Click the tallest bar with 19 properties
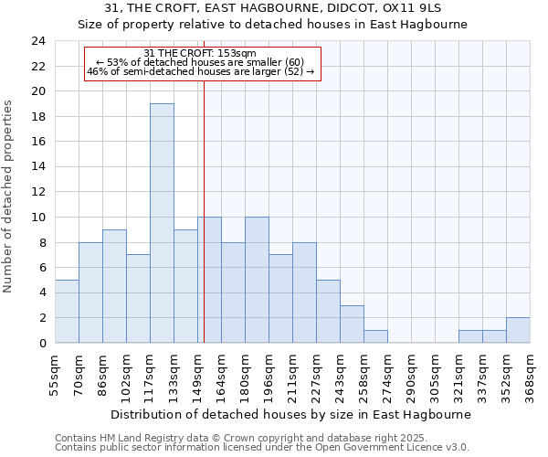[162, 223]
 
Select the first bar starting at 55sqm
[67, 311]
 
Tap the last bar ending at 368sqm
[518, 330]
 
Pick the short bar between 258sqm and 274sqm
[375, 336]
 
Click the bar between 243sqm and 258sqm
[352, 324]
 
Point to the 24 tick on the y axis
[38, 41]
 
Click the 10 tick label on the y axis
[38, 218]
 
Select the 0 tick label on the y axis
[42, 343]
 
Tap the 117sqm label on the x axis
[151, 375]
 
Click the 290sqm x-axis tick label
[411, 375]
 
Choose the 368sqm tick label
[531, 375]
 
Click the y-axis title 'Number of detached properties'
[9, 197]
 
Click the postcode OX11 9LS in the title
[415, 7]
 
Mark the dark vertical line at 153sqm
[204, 228]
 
